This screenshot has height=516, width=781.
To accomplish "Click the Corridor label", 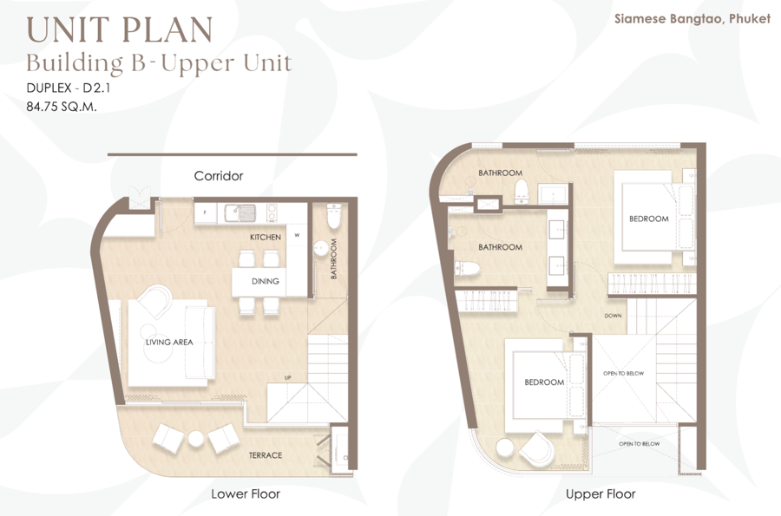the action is click(x=219, y=176).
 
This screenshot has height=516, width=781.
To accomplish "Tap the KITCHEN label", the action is click(x=266, y=237).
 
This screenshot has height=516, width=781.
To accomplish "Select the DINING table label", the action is click(x=265, y=281).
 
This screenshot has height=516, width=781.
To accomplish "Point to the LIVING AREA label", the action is click(x=169, y=342).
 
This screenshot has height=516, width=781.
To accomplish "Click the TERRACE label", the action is click(x=266, y=454).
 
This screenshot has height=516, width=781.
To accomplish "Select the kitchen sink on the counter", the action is click(x=240, y=212).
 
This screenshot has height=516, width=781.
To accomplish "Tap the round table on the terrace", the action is click(x=196, y=438).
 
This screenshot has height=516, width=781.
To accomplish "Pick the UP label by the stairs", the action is click(x=287, y=377).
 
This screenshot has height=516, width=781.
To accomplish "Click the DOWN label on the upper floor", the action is click(x=614, y=316).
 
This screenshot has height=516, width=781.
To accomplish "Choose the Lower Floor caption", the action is click(x=246, y=493).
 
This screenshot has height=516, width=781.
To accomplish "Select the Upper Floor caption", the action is click(x=601, y=493).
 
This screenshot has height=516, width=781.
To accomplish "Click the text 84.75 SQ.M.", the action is click(x=62, y=106).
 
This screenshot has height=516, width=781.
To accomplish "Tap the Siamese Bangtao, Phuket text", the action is click(x=692, y=19).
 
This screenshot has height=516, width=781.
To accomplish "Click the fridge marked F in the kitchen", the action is click(x=205, y=213).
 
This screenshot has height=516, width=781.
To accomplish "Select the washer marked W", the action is click(x=297, y=235).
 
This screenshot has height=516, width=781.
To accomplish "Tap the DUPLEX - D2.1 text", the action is click(x=69, y=88).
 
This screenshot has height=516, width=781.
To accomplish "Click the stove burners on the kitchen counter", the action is click(x=272, y=212).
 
